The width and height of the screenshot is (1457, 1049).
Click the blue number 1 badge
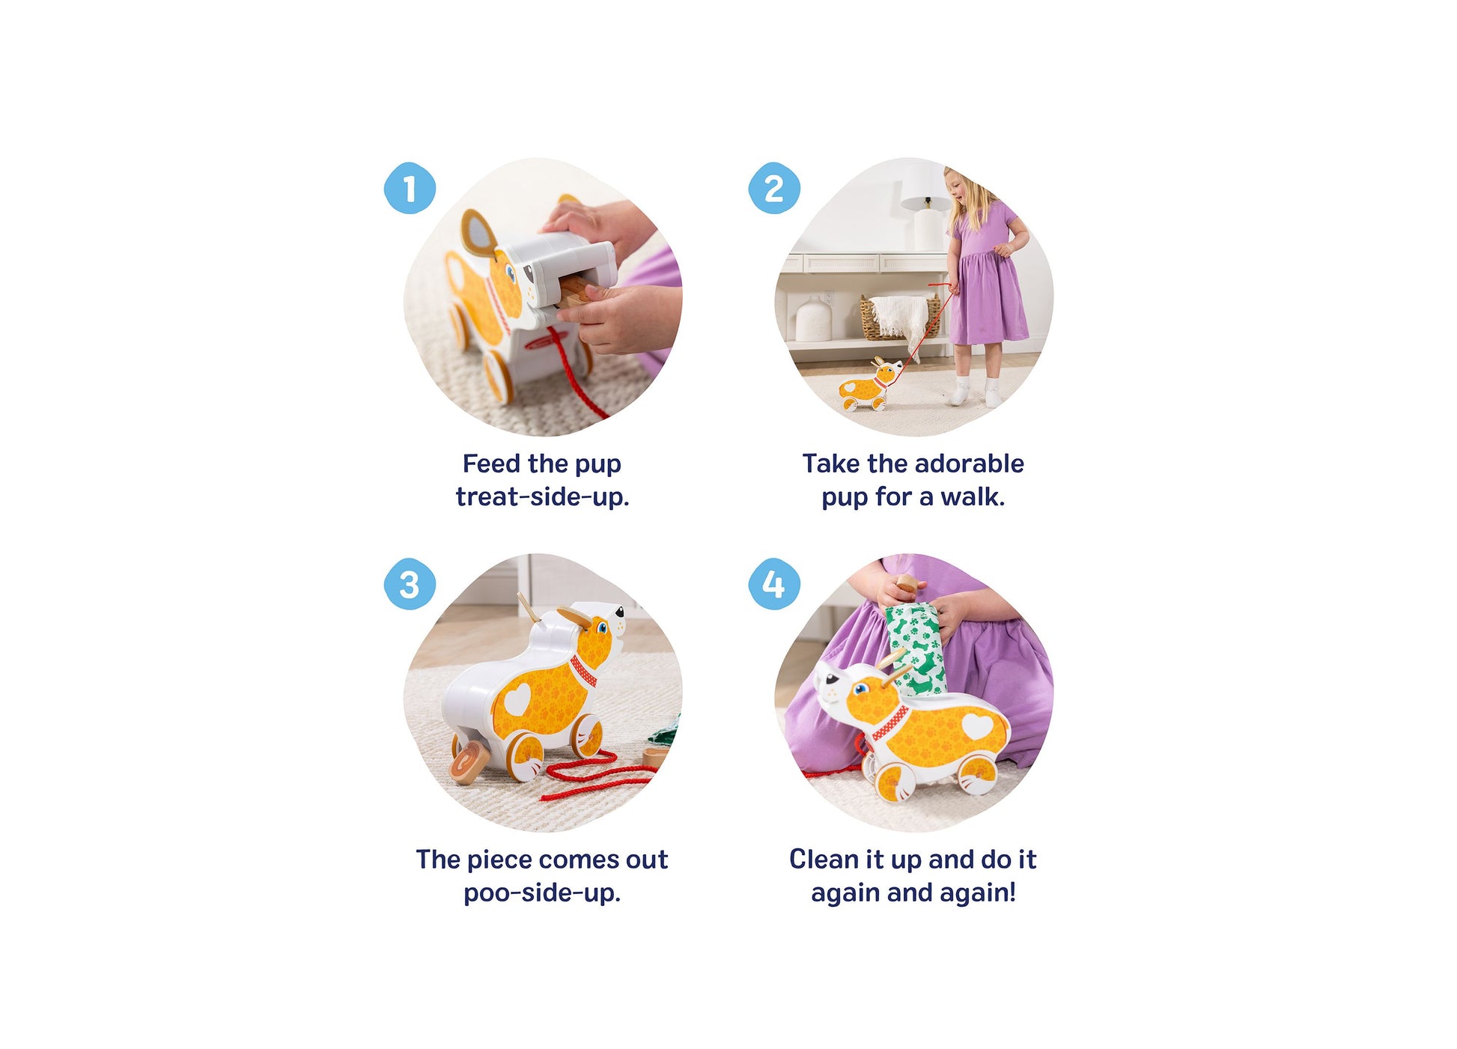(410, 188)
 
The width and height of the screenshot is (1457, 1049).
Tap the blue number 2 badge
(774, 188)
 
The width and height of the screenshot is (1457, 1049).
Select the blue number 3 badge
(410, 584)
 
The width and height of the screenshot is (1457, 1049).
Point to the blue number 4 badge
(774, 584)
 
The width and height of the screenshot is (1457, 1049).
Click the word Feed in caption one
(491, 463)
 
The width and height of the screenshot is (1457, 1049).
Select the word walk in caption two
(973, 496)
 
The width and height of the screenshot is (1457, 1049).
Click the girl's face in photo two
(958, 186)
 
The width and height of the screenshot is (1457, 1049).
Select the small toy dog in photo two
(872, 385)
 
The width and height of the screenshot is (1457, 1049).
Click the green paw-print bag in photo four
(916, 648)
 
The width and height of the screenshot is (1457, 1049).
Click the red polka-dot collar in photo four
(890, 723)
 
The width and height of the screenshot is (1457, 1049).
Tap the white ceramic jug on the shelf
(813, 317)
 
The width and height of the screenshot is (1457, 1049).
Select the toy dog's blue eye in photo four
(860, 690)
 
